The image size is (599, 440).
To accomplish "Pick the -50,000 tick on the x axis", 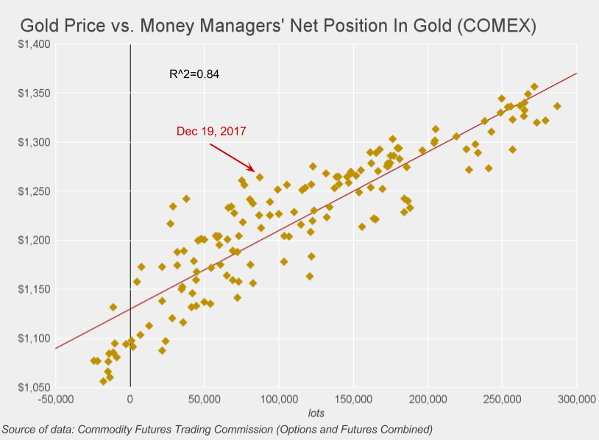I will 56,400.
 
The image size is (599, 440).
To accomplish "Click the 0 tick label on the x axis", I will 130,400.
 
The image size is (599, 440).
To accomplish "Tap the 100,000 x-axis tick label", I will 279,400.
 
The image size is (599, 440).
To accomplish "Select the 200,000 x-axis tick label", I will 428,400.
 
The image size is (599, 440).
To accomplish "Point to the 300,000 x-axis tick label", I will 575,400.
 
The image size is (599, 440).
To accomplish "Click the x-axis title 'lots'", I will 316,414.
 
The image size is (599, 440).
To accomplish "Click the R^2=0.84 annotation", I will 194,74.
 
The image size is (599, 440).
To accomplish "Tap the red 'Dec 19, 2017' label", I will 211,131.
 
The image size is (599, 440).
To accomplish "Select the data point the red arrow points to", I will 259,177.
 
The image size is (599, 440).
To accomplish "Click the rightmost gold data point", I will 557,106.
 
